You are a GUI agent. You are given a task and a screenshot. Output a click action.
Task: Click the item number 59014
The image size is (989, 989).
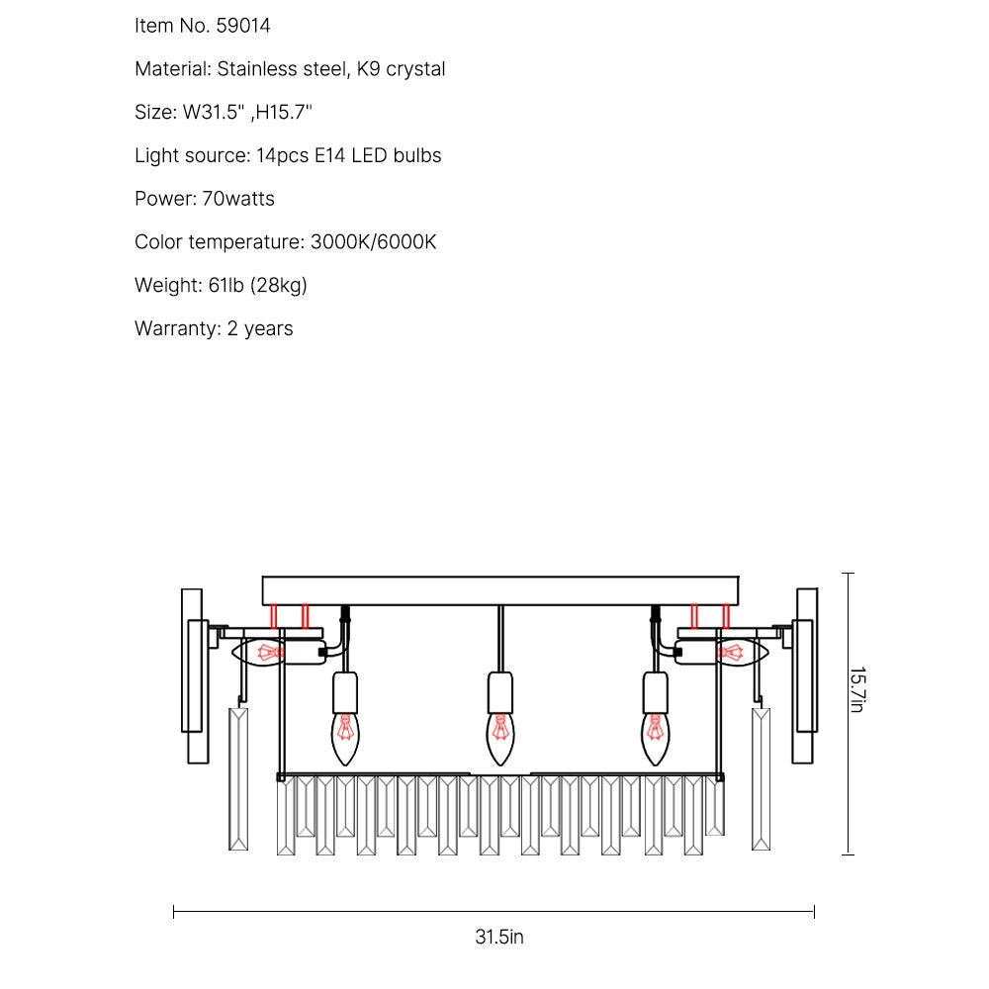coord(243,26)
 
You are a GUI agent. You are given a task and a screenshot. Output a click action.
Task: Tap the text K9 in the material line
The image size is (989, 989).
coord(368,69)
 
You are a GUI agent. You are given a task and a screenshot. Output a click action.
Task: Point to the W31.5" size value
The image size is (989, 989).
coord(214,113)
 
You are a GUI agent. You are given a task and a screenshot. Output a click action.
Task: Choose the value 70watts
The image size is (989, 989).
coord(238,199)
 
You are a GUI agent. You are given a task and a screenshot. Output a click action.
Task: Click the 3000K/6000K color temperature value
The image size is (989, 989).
coord(374,242)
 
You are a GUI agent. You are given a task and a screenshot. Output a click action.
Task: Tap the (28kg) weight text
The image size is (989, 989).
coord(279,286)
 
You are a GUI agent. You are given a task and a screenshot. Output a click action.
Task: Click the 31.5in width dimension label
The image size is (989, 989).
coord(498,937)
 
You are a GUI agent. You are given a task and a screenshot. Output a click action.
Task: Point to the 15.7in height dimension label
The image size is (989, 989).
coord(857,690)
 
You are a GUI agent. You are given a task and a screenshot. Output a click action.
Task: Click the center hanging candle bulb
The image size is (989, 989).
coord(500,739)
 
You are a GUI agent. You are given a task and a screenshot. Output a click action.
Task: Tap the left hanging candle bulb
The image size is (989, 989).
coord(345,739)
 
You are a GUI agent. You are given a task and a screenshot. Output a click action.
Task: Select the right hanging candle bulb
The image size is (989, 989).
coord(656,739)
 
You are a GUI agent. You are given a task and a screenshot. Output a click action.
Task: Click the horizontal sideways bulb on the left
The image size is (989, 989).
coord(258,652)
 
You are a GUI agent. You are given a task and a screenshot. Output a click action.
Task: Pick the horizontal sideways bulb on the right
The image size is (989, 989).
coord(742,652)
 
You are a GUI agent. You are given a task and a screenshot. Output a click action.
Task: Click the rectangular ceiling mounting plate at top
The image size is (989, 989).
coord(500,591)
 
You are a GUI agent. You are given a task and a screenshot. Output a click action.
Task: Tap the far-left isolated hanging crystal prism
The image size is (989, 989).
coord(238,779)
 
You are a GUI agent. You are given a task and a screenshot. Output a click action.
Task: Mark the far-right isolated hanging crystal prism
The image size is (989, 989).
coord(762,779)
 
